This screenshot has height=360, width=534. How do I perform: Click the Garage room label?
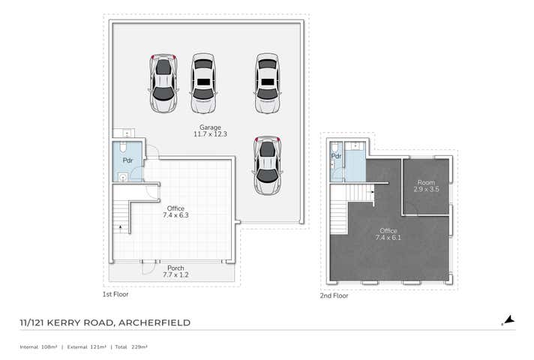click(x=209, y=127)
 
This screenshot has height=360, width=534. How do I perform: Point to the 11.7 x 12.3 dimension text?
click(x=209, y=134)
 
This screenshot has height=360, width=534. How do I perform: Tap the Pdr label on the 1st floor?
click(x=128, y=160)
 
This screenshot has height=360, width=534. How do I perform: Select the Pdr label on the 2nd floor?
click(x=337, y=156)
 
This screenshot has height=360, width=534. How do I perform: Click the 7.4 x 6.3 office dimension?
click(x=175, y=215)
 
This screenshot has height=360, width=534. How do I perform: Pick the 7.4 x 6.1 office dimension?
click(x=388, y=238)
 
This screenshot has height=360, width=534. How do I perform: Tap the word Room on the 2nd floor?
click(x=426, y=182)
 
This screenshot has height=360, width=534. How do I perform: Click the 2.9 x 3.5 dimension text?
click(x=426, y=189)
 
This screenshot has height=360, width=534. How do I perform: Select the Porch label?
click(x=175, y=268)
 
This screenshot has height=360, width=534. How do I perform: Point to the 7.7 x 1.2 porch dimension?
click(x=175, y=275)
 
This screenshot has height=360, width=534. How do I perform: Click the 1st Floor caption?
click(x=116, y=295)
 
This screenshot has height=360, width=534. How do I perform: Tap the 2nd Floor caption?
click(x=334, y=295)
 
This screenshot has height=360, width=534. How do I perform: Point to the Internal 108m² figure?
click(x=38, y=347)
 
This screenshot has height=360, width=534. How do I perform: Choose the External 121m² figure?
click(x=86, y=347)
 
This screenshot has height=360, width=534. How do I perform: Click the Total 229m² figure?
click(x=131, y=347)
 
